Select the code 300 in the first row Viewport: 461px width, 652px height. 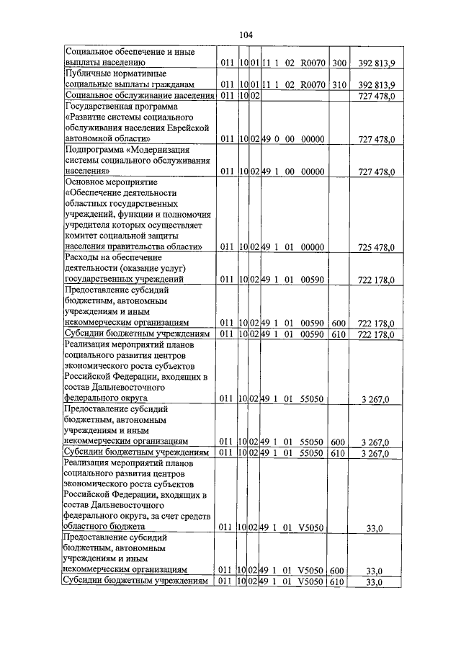(339, 63)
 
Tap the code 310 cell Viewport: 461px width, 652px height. (339, 85)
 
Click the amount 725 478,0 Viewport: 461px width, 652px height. (376, 247)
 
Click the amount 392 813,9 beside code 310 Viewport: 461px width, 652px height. (376, 85)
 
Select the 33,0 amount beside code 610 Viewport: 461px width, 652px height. (375, 581)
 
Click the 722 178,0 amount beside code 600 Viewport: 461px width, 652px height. (376, 323)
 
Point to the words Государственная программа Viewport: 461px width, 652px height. (118, 106)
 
